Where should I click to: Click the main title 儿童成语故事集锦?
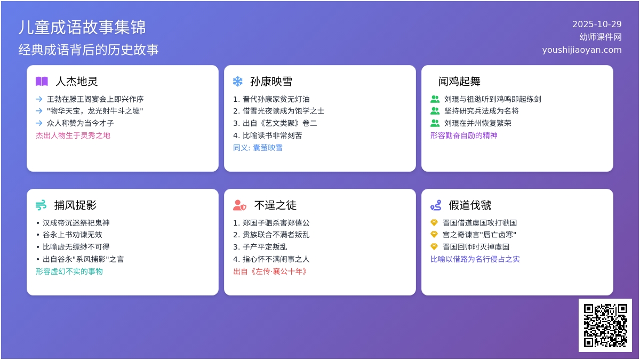coord(82,27)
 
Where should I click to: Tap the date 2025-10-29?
coord(597,24)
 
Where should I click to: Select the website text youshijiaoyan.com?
coord(582,50)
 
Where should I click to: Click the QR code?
coord(605,325)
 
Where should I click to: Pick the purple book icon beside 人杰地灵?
coord(42,82)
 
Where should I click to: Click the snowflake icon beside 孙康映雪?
coord(238,82)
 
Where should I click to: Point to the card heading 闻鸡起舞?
coord(459,82)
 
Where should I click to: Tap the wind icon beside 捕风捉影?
coord(41,205)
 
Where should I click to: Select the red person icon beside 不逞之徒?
coord(239,205)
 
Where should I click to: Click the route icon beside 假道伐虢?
coord(436,205)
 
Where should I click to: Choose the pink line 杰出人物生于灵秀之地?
coord(73,135)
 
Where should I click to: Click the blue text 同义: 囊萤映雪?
coord(258,148)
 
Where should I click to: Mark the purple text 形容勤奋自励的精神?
coord(463,135)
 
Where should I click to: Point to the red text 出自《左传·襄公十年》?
coord(271,271)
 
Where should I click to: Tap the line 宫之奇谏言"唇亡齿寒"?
coord(479,235)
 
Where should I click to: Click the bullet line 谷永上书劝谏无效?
coord(72,235)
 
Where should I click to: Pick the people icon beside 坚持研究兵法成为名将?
coord(435,111)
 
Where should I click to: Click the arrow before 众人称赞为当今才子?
coord(39,123)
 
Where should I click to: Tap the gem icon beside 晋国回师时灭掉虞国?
coord(434,246)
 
